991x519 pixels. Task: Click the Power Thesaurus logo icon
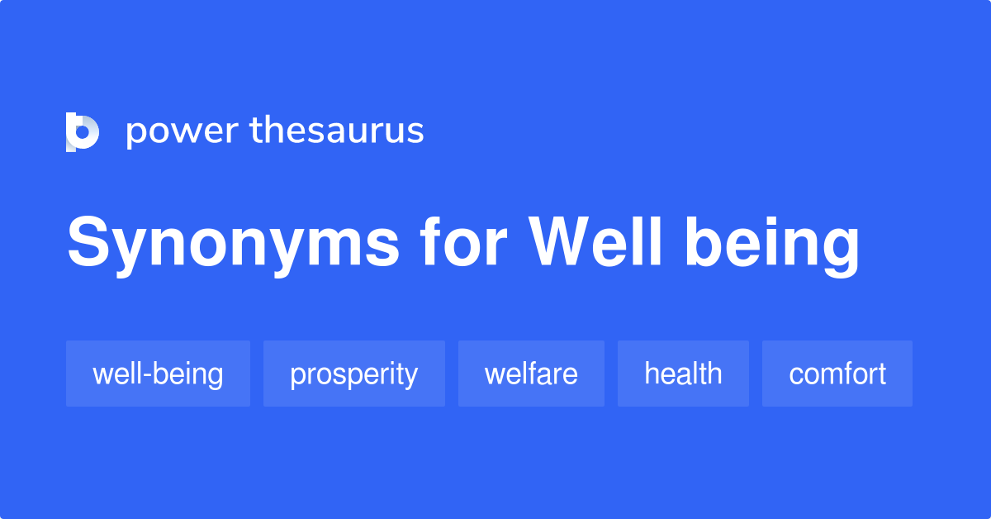[83, 131]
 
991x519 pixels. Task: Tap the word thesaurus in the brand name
[336, 131]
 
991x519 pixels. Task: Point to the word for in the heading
[463, 243]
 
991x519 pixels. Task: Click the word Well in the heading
[595, 243]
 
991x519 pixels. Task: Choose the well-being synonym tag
[158, 374]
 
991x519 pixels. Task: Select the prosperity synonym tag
[353, 374]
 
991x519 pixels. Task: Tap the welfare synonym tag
[531, 374]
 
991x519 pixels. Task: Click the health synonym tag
[683, 374]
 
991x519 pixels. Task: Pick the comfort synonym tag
[837, 374]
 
